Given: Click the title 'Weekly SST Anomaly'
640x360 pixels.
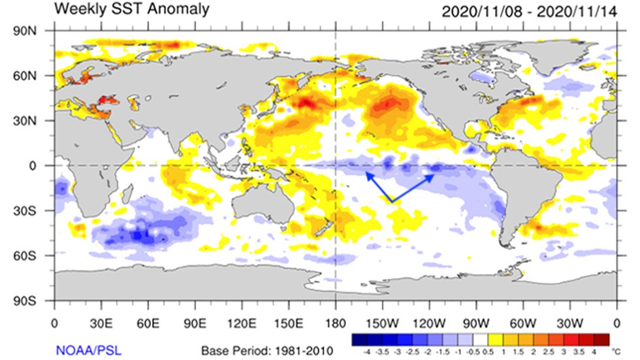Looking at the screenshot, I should point(133,9).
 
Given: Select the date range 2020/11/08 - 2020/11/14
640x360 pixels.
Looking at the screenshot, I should point(530,11).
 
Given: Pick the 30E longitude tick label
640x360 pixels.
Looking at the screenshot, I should point(101,323).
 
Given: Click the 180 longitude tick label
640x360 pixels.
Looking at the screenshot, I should point(336,323).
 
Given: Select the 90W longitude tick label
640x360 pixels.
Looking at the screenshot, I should point(476,323).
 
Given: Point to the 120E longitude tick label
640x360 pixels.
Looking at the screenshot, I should point(242,323).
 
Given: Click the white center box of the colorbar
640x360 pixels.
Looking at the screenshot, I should point(482,339).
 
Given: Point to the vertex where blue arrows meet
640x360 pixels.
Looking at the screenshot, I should point(392,201).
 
